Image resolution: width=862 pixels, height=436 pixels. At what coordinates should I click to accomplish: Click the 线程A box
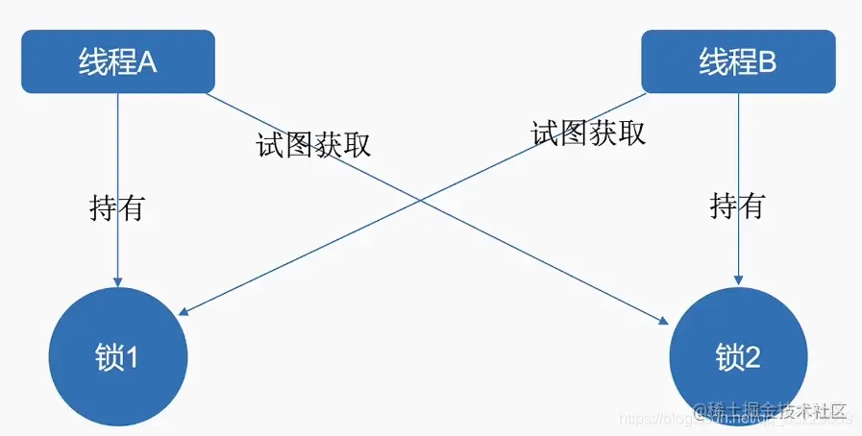(117, 61)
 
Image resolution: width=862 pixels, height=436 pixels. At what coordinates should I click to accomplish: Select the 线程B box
(737, 61)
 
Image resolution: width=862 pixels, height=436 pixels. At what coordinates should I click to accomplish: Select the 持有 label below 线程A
(116, 207)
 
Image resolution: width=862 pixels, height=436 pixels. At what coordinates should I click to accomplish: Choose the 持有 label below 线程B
(737, 205)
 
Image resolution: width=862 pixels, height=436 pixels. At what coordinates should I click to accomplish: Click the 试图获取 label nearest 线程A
(313, 144)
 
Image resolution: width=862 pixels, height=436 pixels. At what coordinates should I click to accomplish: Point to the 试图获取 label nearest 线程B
(588, 133)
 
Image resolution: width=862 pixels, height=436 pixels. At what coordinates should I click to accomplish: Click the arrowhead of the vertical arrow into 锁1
(117, 280)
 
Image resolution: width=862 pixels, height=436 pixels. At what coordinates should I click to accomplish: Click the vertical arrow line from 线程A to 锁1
(117, 154)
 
